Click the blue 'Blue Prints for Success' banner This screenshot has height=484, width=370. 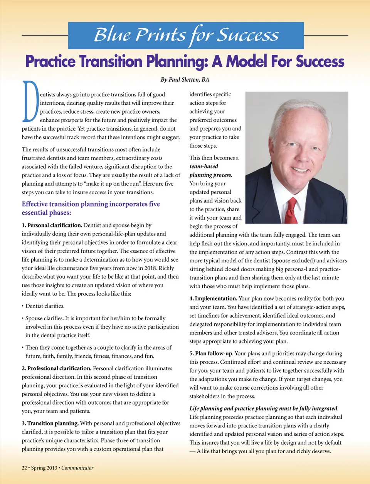[186, 35]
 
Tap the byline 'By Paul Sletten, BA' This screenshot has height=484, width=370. [185, 80]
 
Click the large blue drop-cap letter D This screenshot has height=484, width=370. [30, 101]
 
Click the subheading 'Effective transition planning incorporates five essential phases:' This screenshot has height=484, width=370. [91, 208]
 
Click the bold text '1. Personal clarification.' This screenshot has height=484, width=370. [52, 225]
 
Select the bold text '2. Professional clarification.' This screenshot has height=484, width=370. [57, 368]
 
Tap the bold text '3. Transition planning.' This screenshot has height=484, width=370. [50, 423]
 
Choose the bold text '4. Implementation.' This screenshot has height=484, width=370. [213, 299]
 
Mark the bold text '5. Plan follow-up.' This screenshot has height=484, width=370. [211, 354]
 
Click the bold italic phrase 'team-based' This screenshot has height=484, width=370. [204, 166]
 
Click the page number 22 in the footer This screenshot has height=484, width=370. [24, 468]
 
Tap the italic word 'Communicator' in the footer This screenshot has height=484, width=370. [77, 468]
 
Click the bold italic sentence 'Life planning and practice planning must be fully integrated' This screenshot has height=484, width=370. [264, 408]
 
